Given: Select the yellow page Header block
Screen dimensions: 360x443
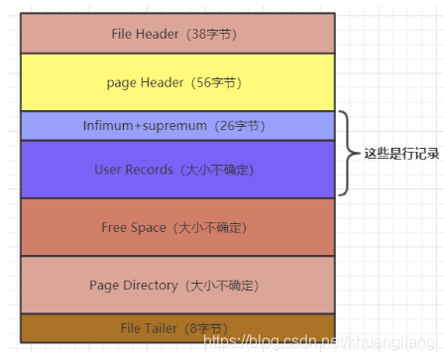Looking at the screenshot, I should (x=178, y=82).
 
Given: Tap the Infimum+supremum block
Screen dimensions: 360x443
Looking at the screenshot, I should (x=178, y=126).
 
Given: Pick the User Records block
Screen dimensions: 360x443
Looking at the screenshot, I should (x=178, y=170).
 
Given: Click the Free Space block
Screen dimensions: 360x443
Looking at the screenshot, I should (x=178, y=227).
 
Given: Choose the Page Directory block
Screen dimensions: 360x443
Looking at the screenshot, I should (x=178, y=285).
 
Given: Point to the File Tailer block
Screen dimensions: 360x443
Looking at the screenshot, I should (x=178, y=327).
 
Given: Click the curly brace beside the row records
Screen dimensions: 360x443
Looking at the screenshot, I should (x=346, y=154).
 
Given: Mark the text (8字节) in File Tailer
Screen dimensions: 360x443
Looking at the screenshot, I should (x=210, y=327).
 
